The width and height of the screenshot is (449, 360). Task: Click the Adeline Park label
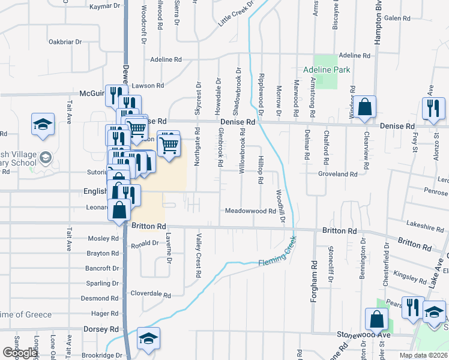tap(327, 70)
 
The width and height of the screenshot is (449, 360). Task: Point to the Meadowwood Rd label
tap(250, 211)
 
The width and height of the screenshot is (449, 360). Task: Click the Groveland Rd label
tap(338, 174)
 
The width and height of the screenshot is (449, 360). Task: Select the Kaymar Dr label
tap(105, 7)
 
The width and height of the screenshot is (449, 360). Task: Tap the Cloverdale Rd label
tap(151, 295)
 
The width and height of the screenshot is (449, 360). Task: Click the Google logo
tap(20, 353)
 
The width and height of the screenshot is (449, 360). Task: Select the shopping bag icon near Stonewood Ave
tap(376, 319)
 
